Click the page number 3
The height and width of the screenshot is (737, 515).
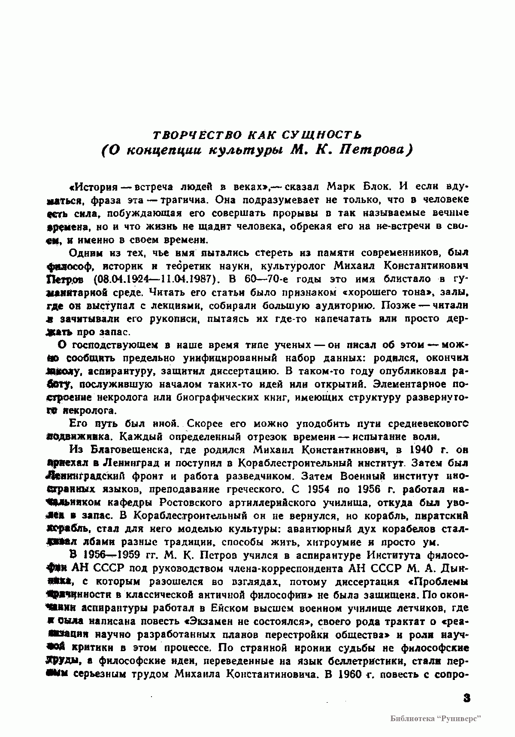(x=467, y=698)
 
